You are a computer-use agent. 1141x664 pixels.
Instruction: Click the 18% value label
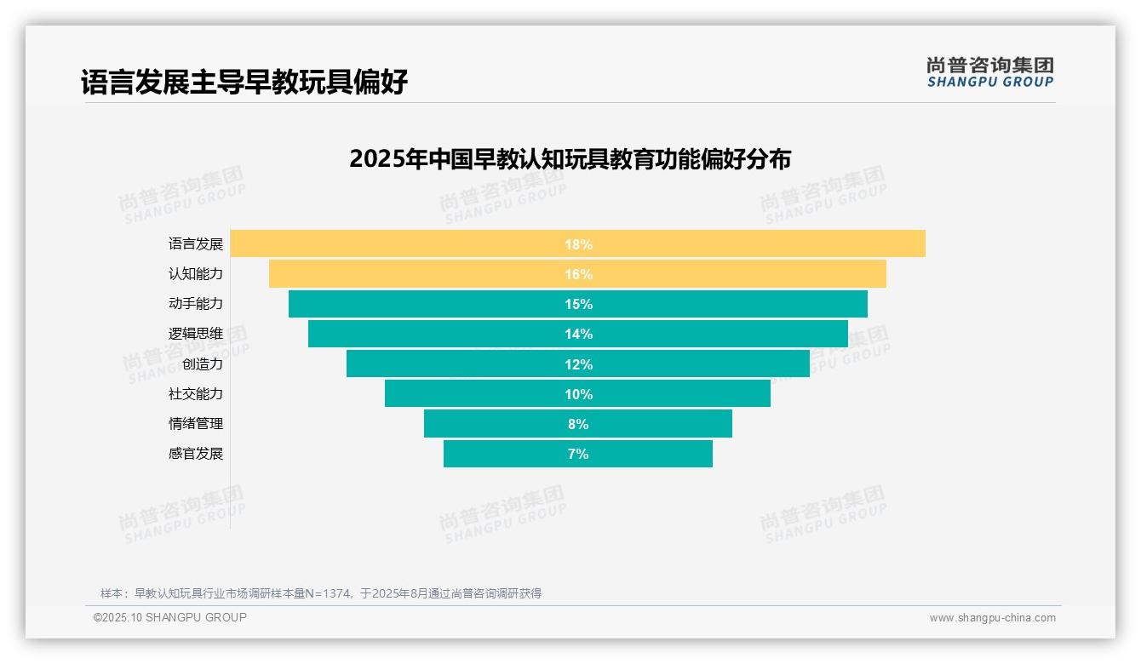point(578,244)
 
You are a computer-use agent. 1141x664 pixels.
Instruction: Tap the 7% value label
point(578,454)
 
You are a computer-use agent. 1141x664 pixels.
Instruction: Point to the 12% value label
point(578,364)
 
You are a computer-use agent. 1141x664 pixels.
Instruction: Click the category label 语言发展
point(195,244)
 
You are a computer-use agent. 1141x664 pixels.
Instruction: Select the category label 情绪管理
point(195,424)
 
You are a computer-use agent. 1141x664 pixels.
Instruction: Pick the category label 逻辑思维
point(195,334)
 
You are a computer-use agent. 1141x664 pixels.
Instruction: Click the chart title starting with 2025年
point(570,159)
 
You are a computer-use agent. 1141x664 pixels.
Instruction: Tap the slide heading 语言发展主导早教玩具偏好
point(244,82)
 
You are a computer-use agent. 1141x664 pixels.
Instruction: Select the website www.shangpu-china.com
point(992,618)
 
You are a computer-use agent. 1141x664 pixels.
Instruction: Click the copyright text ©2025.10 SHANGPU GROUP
point(170,617)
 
